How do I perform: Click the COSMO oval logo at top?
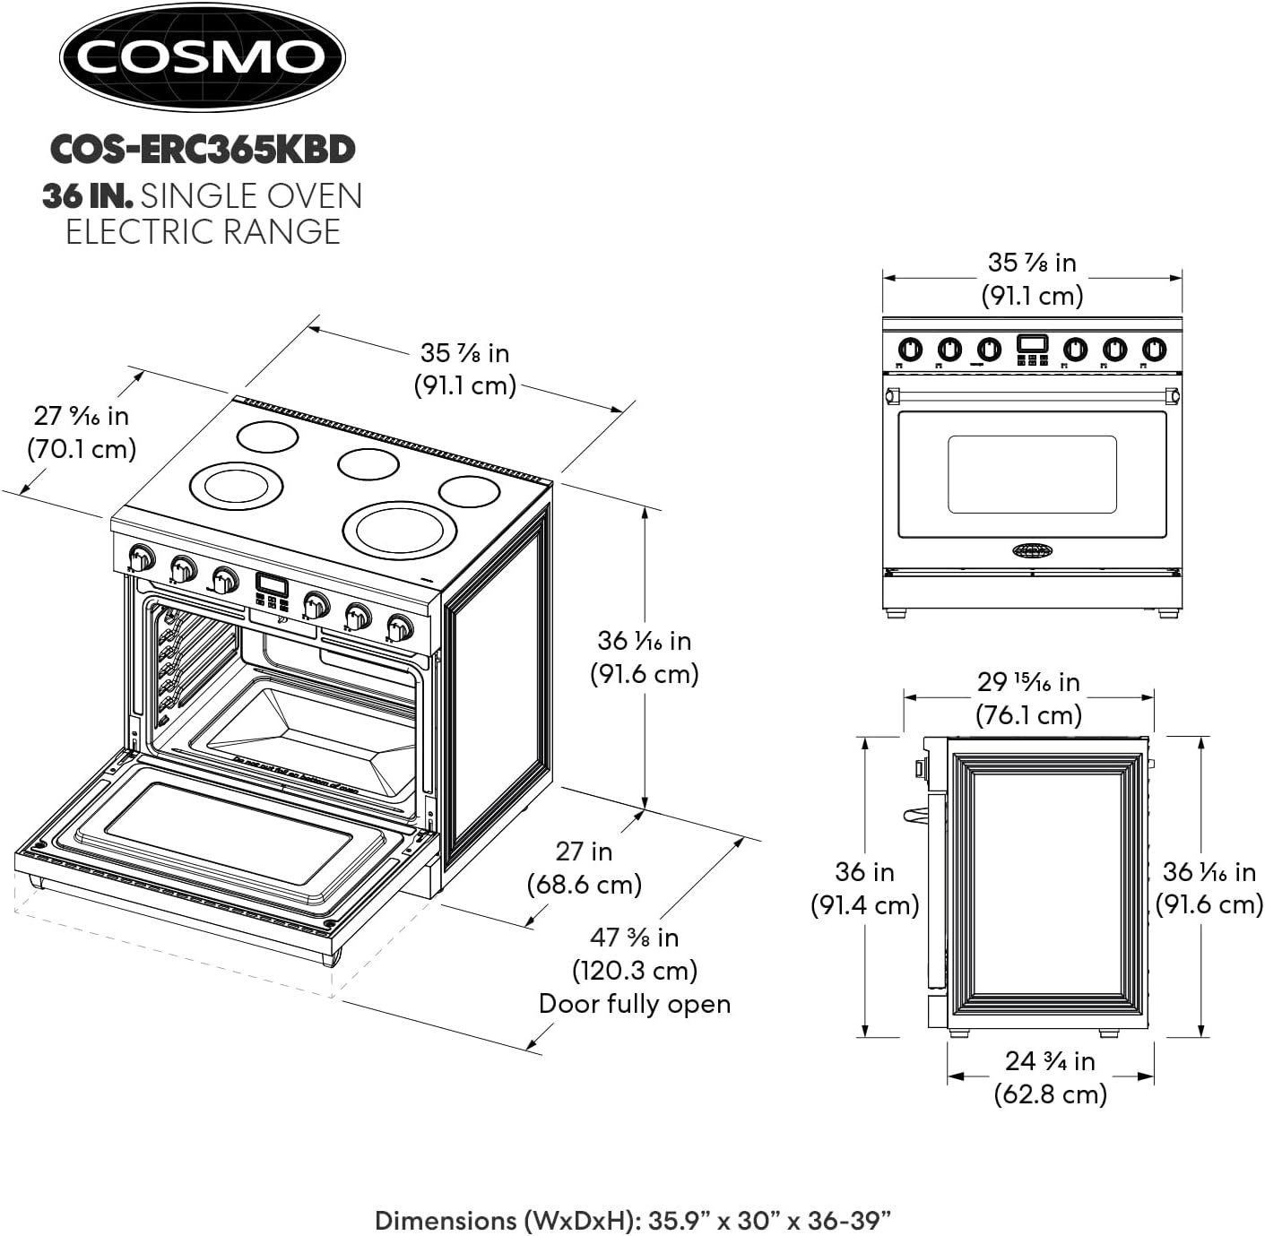(x=202, y=57)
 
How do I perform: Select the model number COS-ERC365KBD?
(x=203, y=149)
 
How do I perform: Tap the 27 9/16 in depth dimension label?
(x=82, y=431)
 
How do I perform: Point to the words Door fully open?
(x=635, y=1004)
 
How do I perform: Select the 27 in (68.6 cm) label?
(x=585, y=867)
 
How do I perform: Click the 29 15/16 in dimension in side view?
(x=1028, y=698)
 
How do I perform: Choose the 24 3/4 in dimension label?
(x=1050, y=1076)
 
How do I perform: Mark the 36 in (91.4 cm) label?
(x=865, y=887)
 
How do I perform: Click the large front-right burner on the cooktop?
(x=394, y=531)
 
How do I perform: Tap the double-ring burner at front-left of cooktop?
(x=237, y=486)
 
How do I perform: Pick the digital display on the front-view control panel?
(x=1032, y=343)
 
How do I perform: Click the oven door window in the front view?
(x=1032, y=474)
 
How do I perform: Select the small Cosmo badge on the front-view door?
(x=1033, y=549)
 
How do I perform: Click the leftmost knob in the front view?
(x=910, y=349)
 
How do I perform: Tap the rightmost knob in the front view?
(x=1155, y=349)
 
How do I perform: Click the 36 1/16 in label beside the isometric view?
(x=644, y=657)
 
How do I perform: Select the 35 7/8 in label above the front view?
(x=1032, y=279)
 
